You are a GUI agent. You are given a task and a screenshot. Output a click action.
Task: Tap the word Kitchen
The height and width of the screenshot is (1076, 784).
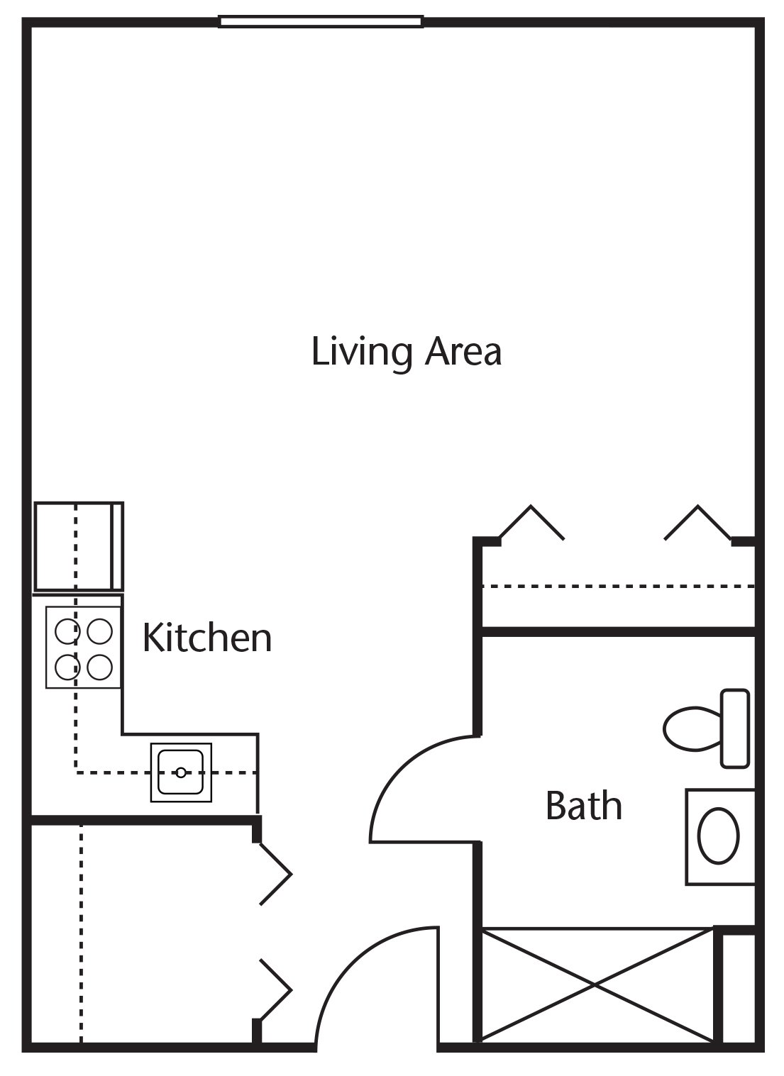(x=207, y=638)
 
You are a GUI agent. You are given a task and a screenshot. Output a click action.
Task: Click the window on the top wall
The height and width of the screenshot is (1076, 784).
(x=321, y=21)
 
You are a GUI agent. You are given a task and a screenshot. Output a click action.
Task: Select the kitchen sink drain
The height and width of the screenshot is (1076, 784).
(x=181, y=772)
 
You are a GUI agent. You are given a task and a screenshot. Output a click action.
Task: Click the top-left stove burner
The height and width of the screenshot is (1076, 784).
(x=67, y=631)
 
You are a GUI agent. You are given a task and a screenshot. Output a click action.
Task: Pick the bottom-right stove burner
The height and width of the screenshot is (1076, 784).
(x=100, y=667)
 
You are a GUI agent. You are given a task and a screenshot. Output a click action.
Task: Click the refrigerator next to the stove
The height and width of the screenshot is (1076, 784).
(x=79, y=547)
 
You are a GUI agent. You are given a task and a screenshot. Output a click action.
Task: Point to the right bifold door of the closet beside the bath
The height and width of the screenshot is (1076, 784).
(x=698, y=523)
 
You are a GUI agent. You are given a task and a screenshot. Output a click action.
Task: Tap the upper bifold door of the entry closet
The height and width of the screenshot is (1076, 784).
(x=276, y=875)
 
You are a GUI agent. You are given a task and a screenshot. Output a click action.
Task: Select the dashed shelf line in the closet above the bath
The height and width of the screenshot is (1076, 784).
(x=618, y=587)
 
